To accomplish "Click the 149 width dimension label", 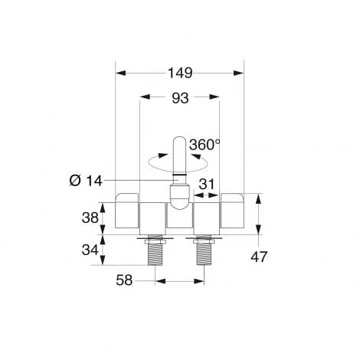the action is point(180,73).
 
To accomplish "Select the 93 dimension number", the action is point(180,98).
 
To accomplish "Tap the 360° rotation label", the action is point(205,145).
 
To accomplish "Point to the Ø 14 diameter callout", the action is point(86,181).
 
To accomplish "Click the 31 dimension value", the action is point(207,184).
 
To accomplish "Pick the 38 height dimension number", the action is point(90,218).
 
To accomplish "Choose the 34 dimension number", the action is point(90,250).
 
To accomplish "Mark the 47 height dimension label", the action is point(259,257).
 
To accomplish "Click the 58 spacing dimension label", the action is point(124,280).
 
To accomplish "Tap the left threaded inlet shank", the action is point(155,254).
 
